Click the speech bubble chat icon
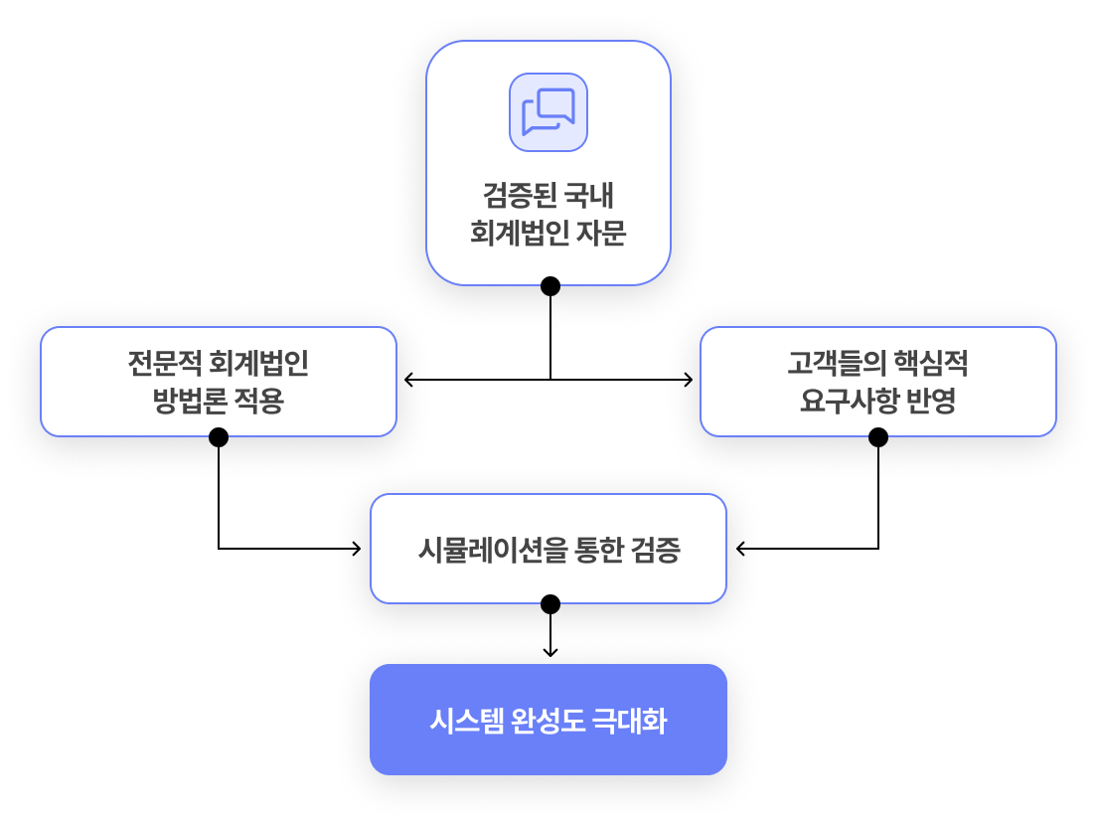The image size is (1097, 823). click(x=548, y=112)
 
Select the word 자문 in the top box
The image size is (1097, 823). click(x=602, y=233)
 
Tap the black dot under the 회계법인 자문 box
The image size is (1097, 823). click(x=550, y=285)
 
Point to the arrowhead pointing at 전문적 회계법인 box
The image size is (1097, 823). click(x=408, y=380)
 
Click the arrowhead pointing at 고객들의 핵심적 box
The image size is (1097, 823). click(x=689, y=380)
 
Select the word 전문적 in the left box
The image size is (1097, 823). click(x=164, y=363)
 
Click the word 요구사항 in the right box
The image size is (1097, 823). click(x=849, y=401)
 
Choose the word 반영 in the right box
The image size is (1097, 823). click(x=931, y=401)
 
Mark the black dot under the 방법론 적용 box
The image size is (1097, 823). click(x=219, y=437)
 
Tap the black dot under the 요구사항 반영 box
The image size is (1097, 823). click(x=878, y=437)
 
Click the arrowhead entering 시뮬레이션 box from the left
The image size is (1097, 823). click(x=357, y=549)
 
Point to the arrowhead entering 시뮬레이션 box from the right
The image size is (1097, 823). click(x=741, y=549)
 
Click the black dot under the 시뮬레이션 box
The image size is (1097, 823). click(x=550, y=604)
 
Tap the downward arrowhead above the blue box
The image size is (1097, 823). click(x=550, y=653)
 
